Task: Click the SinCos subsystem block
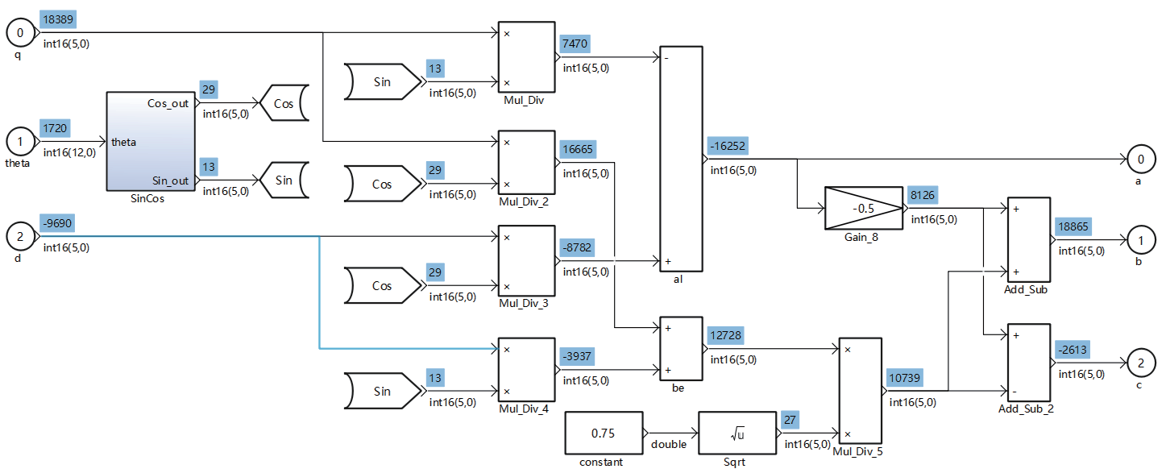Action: [149, 141]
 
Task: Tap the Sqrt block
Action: [737, 434]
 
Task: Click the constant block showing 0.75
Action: [604, 434]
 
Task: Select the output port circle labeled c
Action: [1140, 363]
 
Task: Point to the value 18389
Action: [59, 19]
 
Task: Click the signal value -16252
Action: [727, 146]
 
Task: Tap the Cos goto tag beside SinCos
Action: [280, 104]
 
